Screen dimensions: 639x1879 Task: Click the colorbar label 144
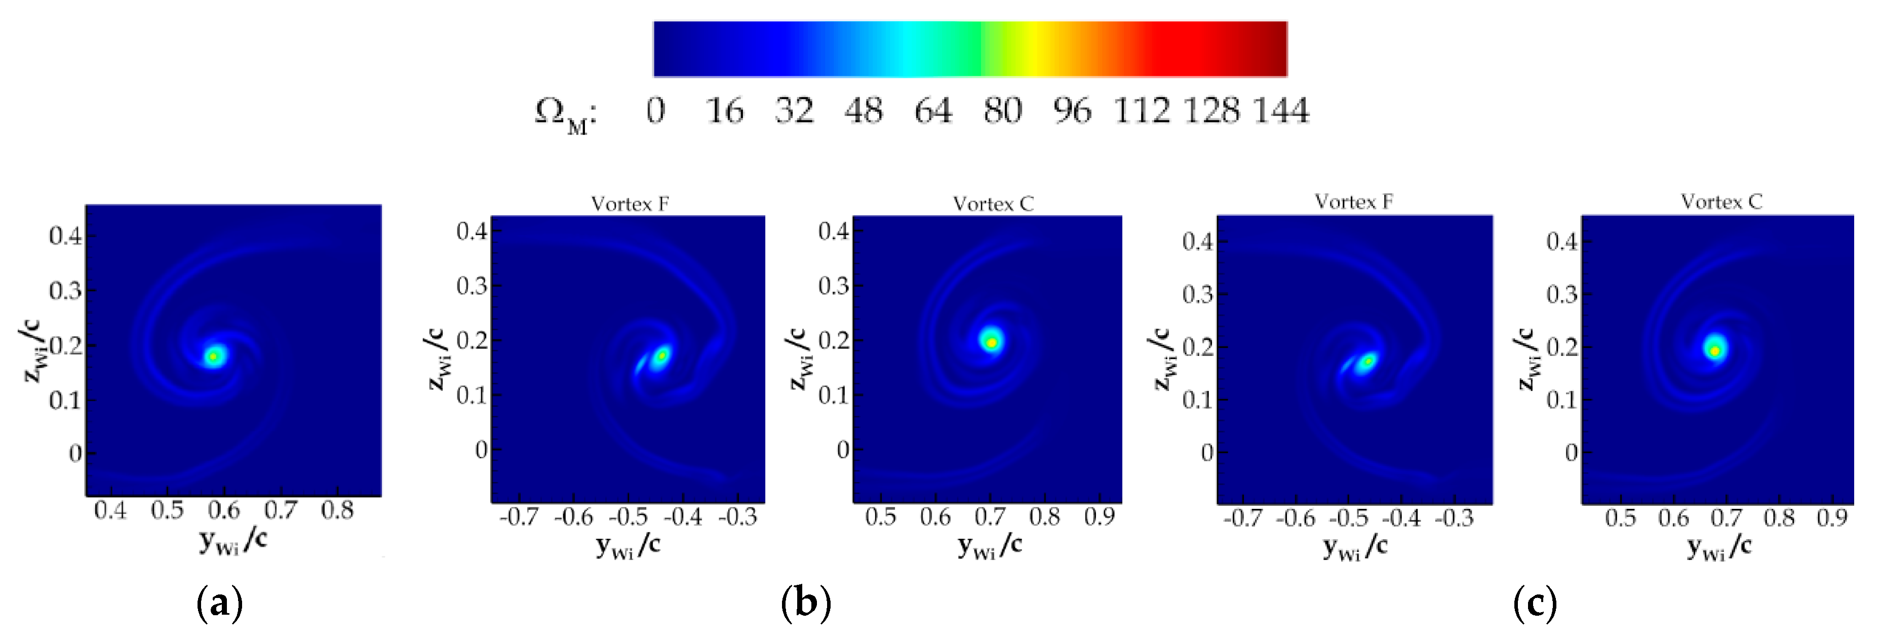click(x=1281, y=111)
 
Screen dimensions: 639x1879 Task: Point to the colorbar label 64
click(x=933, y=111)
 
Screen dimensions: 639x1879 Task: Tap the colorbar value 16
click(x=724, y=111)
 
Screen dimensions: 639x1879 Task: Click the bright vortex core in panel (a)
click(x=214, y=356)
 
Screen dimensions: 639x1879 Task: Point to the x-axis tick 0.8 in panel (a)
click(x=337, y=510)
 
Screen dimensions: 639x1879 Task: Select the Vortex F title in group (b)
click(x=630, y=204)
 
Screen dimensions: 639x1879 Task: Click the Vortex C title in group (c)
click(x=1721, y=202)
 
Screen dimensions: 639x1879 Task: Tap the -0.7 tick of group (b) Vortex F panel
click(x=519, y=517)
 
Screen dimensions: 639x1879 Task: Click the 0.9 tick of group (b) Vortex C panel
click(x=1099, y=517)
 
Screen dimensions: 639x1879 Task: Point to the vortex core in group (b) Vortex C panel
click(x=991, y=341)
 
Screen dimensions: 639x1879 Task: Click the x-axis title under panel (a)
click(x=232, y=541)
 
